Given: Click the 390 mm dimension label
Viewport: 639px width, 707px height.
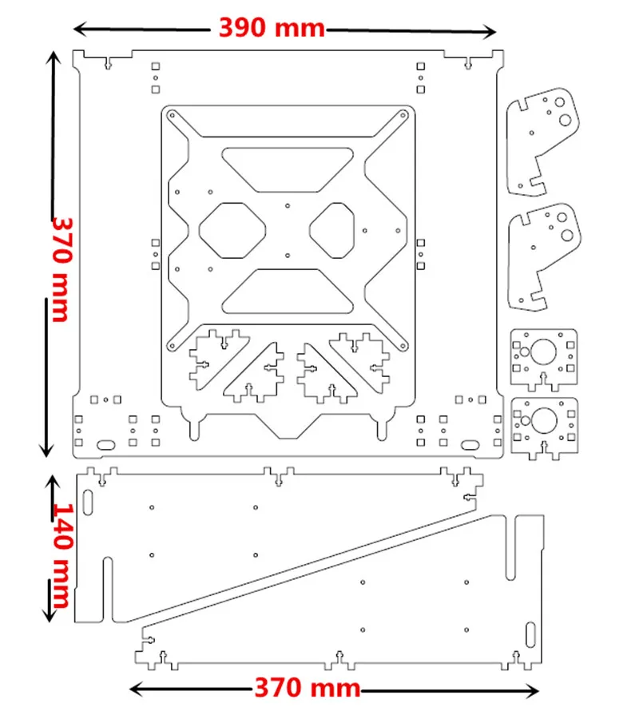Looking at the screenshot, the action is coord(272,28).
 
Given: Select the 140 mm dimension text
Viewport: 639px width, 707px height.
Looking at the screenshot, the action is coord(62,555).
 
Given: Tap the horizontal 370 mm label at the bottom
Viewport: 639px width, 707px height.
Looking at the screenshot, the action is coord(308,688).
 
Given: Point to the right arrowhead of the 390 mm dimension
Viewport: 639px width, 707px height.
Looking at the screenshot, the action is coord(490,32).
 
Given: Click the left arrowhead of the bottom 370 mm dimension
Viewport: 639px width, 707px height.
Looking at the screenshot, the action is coord(137,689).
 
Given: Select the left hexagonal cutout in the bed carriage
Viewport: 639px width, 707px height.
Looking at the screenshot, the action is coord(232,230).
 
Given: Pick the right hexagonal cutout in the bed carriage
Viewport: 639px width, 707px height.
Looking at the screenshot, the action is coord(332,230).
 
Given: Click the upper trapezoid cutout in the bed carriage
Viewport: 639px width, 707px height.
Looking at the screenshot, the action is coord(288,169).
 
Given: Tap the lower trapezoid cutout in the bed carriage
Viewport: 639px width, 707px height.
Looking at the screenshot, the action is coord(288,292).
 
